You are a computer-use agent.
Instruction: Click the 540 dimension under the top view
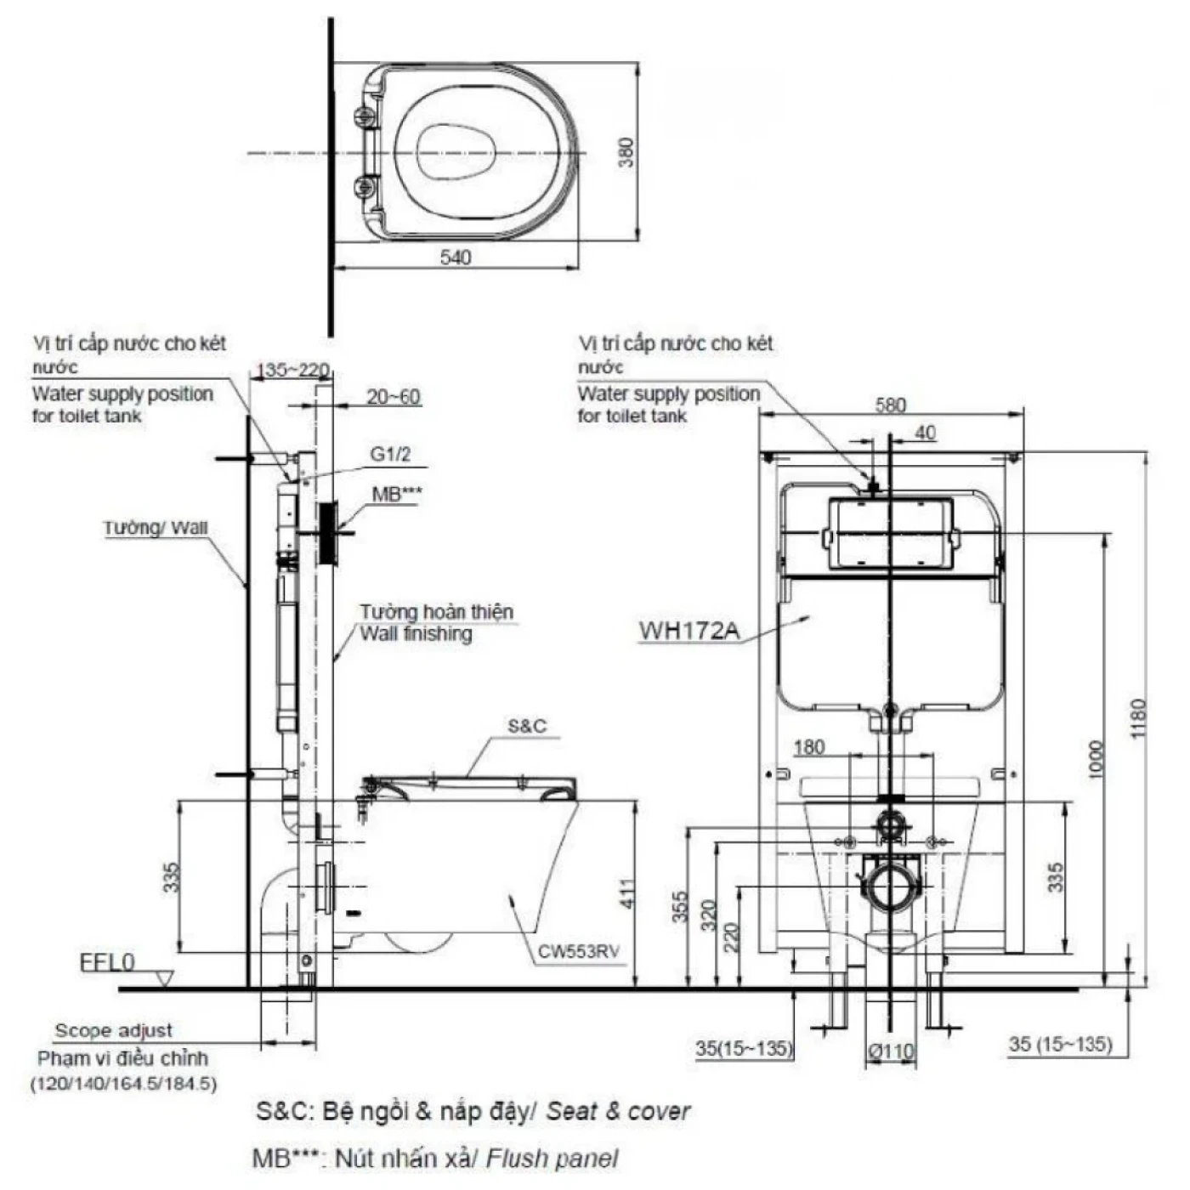point(456,257)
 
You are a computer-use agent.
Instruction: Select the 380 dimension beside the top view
point(626,152)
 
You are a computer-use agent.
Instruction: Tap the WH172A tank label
point(689,631)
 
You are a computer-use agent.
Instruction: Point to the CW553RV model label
point(578,951)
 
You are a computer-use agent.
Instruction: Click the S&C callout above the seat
point(527,726)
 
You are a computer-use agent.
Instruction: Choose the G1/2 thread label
point(390,455)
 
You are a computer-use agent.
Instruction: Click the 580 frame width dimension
point(890,405)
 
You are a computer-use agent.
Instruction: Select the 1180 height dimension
point(1139,718)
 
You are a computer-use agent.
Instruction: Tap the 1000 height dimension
point(1096,759)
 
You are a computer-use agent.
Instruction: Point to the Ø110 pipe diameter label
point(891,1051)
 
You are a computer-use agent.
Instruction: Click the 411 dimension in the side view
point(627,892)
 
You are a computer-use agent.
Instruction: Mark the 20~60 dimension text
point(393,396)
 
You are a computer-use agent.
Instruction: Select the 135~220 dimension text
point(292,371)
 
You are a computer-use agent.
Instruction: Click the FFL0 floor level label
point(107,962)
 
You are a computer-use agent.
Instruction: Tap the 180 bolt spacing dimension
point(808,746)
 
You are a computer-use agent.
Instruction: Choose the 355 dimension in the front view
point(679,908)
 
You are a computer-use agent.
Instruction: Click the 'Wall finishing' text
point(416,633)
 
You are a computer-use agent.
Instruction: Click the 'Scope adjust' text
point(113,1030)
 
